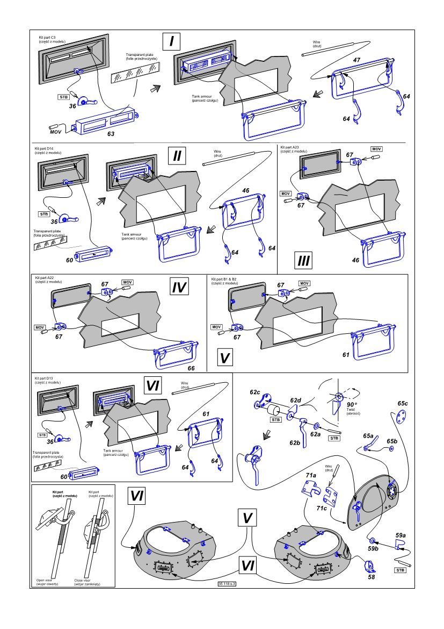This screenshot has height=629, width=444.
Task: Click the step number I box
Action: coord(171,41)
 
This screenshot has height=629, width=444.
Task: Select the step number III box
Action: coord(303,262)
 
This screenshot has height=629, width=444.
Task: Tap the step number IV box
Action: coord(179,287)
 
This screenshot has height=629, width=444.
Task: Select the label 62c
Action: coord(254,393)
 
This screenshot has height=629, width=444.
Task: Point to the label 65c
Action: coord(403,403)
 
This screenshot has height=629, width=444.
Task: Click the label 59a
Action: coord(401,535)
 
